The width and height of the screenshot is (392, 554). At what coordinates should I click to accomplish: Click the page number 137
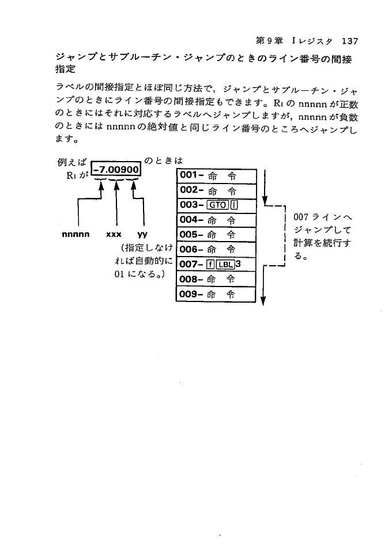coord(350,41)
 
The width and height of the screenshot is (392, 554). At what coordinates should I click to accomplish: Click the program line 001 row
coord(214,175)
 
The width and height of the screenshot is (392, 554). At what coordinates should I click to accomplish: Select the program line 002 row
coord(214,190)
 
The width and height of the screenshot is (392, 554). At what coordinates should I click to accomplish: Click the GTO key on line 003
coord(217,205)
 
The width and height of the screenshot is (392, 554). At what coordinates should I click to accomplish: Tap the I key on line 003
coord(233,205)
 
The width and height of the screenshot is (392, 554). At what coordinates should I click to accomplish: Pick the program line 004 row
coord(214,220)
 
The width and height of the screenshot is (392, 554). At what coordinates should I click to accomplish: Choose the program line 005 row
coord(214,235)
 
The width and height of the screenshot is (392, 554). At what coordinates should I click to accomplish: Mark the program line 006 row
coord(214,250)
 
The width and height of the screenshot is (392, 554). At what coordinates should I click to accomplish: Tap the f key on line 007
coord(210,265)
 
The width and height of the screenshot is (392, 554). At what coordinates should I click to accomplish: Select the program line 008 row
coord(214,280)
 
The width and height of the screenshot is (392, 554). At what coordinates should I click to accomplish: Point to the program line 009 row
coord(214,295)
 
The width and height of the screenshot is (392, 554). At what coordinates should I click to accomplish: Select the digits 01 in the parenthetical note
coord(120,274)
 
